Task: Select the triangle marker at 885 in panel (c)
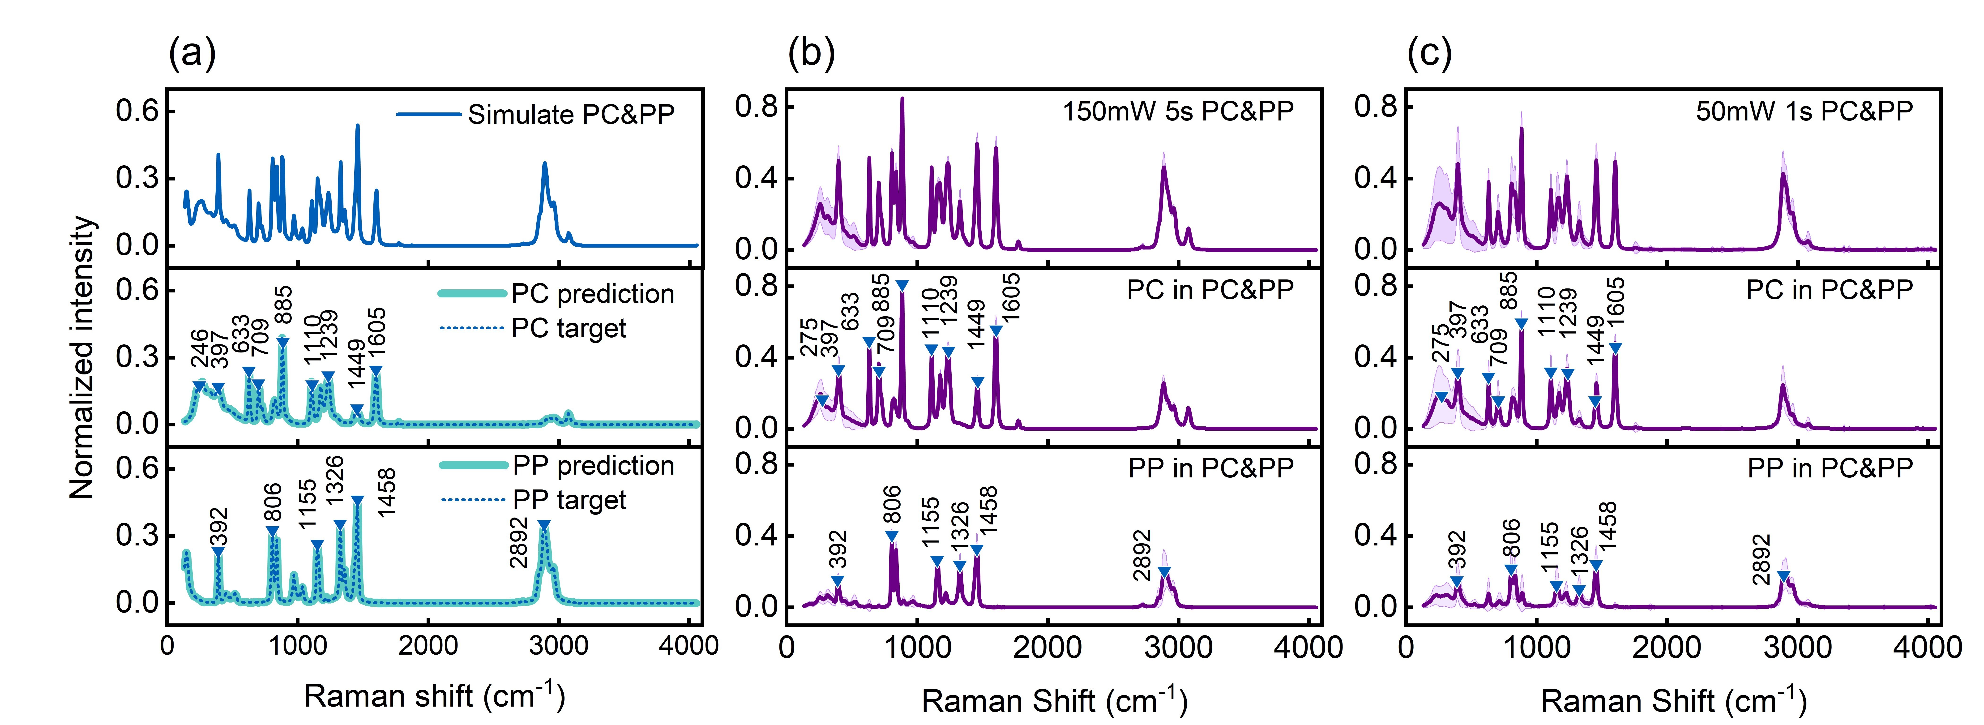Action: point(1521,324)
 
